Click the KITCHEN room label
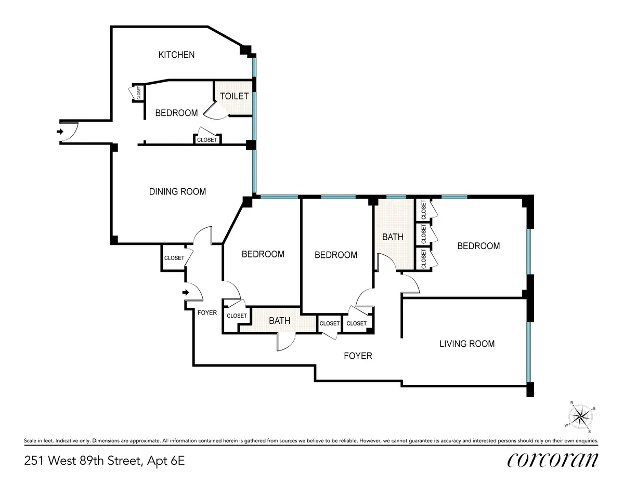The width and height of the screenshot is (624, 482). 176,55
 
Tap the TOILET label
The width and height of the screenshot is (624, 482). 234,96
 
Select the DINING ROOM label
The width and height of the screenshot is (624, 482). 177,191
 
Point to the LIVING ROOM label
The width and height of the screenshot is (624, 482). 466,344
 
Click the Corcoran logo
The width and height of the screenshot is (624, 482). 552,460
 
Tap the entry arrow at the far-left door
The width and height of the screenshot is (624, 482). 60,132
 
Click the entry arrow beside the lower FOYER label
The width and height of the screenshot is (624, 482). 185,293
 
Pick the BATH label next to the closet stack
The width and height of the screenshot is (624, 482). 393,237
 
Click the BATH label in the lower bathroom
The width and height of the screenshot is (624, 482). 279,321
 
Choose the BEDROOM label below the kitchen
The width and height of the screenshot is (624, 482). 176,113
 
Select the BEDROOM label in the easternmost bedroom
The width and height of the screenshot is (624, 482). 478,246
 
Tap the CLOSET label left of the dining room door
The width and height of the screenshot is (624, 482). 174,258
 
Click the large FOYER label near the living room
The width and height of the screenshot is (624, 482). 358,356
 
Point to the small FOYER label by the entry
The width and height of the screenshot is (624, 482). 207,312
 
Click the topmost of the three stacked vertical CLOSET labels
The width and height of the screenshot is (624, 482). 423,210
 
